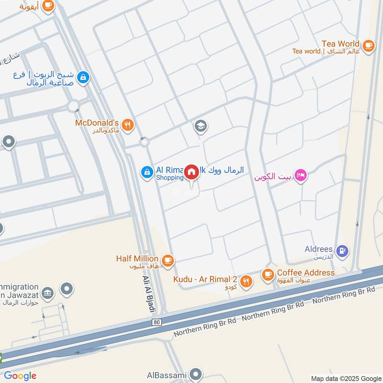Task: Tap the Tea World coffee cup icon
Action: point(368,45)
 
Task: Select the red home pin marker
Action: point(191,172)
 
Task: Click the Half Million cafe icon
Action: point(167,260)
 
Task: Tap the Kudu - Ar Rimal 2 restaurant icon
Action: point(246,281)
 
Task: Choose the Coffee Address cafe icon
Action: point(267,274)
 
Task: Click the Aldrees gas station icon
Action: point(342,250)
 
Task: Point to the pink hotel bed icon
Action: point(301,175)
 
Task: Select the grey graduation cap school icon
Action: point(200,126)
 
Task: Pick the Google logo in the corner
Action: point(20,376)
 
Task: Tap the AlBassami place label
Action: point(167,375)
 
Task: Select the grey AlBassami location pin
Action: point(195,374)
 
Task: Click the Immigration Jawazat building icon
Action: point(47,293)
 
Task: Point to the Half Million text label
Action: point(137,259)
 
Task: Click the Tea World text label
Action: point(340,44)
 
